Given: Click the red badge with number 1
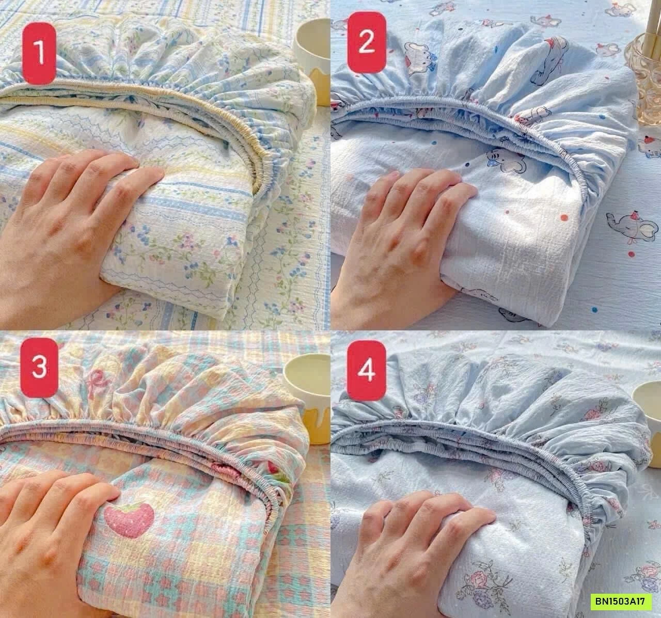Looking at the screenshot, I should pyautogui.click(x=40, y=54).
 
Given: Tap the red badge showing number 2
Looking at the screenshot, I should pyautogui.click(x=366, y=42).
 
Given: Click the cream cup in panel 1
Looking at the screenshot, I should pyautogui.click(x=312, y=52).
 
